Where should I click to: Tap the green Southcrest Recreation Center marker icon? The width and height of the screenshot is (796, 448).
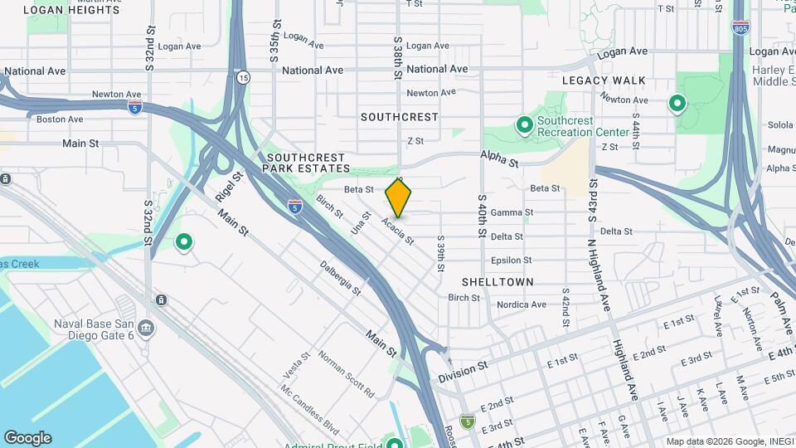click(524, 126)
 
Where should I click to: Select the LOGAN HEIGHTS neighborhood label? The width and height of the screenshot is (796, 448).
click(71, 10)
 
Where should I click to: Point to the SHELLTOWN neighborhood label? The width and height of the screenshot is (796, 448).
click(498, 282)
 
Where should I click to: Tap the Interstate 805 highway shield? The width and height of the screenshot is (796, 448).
click(740, 28)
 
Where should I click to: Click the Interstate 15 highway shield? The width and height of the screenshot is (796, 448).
click(243, 77)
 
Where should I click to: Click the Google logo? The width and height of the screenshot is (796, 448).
click(27, 438)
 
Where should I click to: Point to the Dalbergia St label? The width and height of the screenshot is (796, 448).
click(341, 279)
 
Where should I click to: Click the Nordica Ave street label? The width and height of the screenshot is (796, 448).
click(522, 304)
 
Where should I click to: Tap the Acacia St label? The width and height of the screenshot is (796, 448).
click(397, 231)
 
